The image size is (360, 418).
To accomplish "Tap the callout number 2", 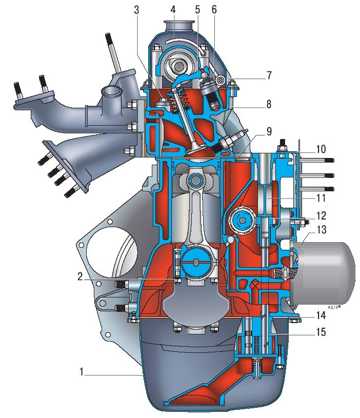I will (81, 276).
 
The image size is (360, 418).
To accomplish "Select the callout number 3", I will (136, 10).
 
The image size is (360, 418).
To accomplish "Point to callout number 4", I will (174, 10).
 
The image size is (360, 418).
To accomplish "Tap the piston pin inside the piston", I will (195, 180).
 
